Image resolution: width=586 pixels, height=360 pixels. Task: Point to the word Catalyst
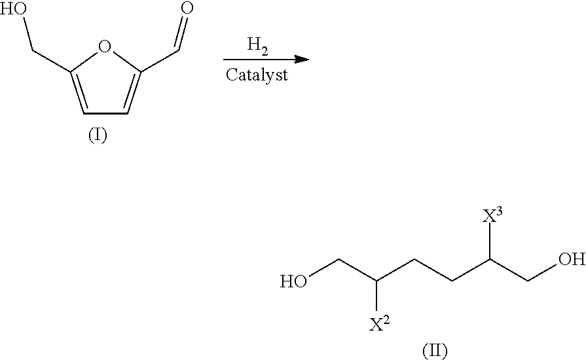[x=257, y=75]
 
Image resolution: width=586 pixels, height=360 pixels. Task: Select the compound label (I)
[x=98, y=137]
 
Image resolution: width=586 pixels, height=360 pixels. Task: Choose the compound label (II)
[x=434, y=350]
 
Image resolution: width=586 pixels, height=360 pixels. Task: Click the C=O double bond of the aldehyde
[x=179, y=33]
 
